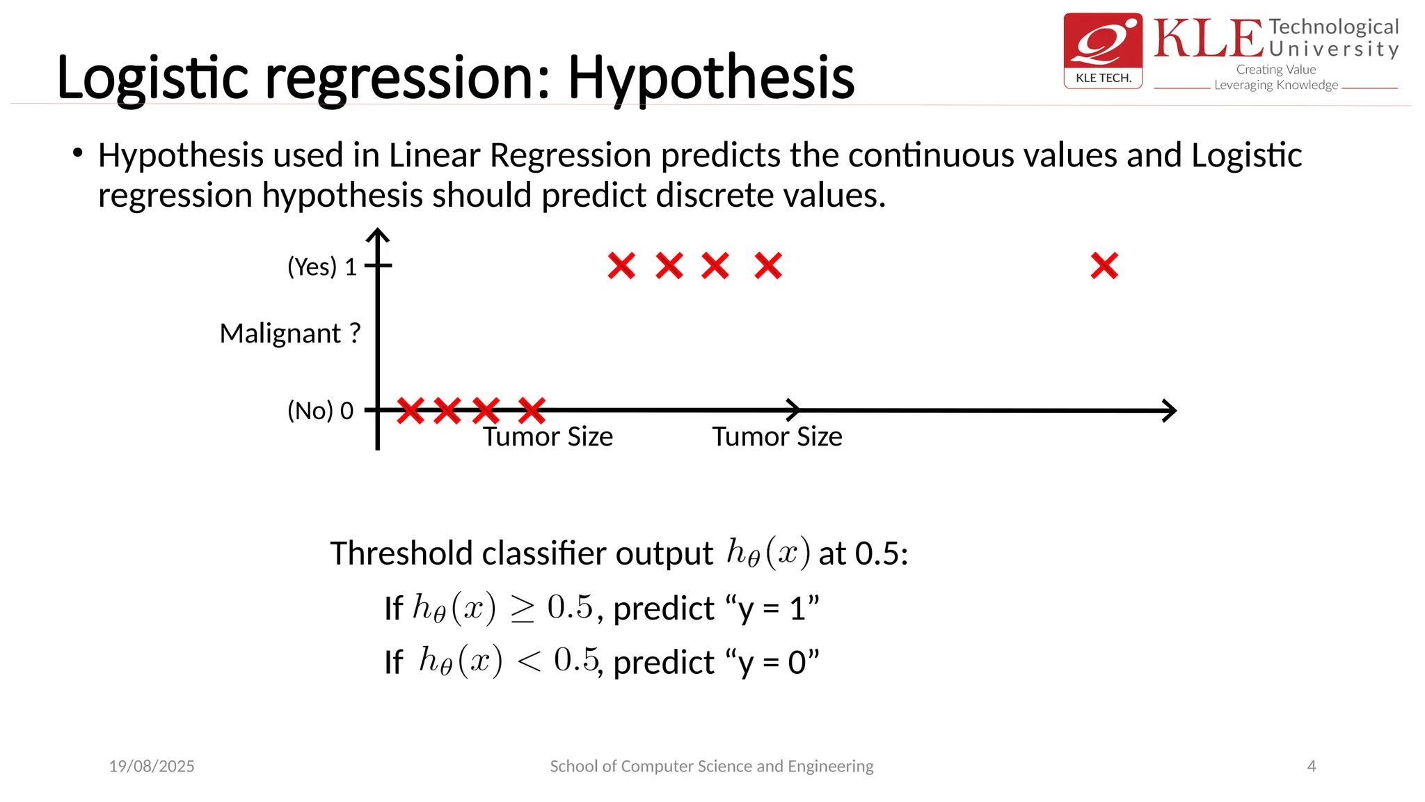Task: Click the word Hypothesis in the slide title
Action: point(710,78)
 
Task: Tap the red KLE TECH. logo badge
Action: point(1103,50)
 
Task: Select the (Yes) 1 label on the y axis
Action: point(322,267)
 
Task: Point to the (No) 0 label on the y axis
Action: point(320,411)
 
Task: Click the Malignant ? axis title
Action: point(290,333)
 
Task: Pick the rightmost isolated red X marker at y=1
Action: point(1104,266)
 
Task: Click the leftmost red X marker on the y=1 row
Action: point(621,266)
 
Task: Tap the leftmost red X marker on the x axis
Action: point(411,411)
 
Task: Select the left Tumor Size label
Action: point(548,437)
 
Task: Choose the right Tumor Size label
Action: point(777,437)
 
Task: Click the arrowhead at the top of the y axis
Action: point(377,235)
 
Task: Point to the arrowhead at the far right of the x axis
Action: point(1170,411)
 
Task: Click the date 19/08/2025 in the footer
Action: point(152,766)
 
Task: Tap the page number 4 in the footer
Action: point(1312,766)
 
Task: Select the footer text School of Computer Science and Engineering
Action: point(711,766)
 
